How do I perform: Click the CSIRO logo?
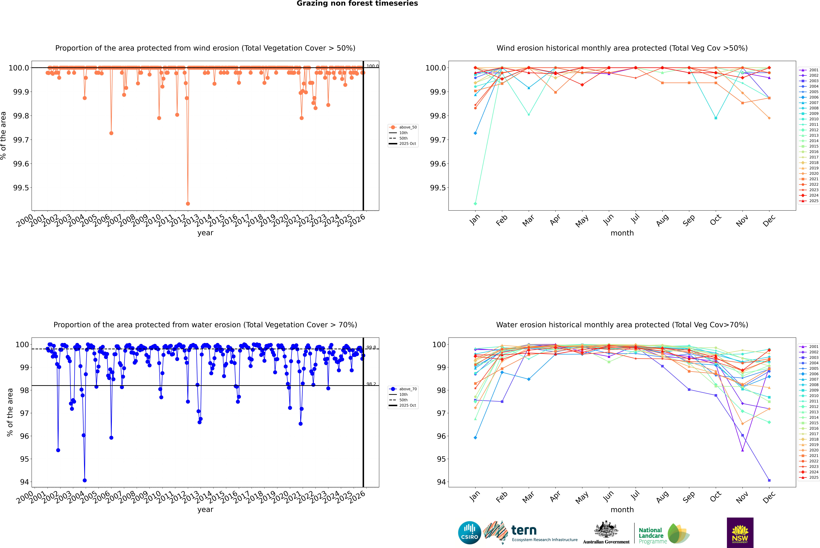pos(469,533)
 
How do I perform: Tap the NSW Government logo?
pos(740,533)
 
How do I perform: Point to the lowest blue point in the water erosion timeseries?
pos(85,480)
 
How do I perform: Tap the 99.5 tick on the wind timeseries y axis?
pos(21,188)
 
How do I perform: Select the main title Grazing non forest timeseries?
pos(357,3)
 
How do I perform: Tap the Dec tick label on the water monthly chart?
pos(769,497)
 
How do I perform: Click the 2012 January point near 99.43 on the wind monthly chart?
pos(475,203)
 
